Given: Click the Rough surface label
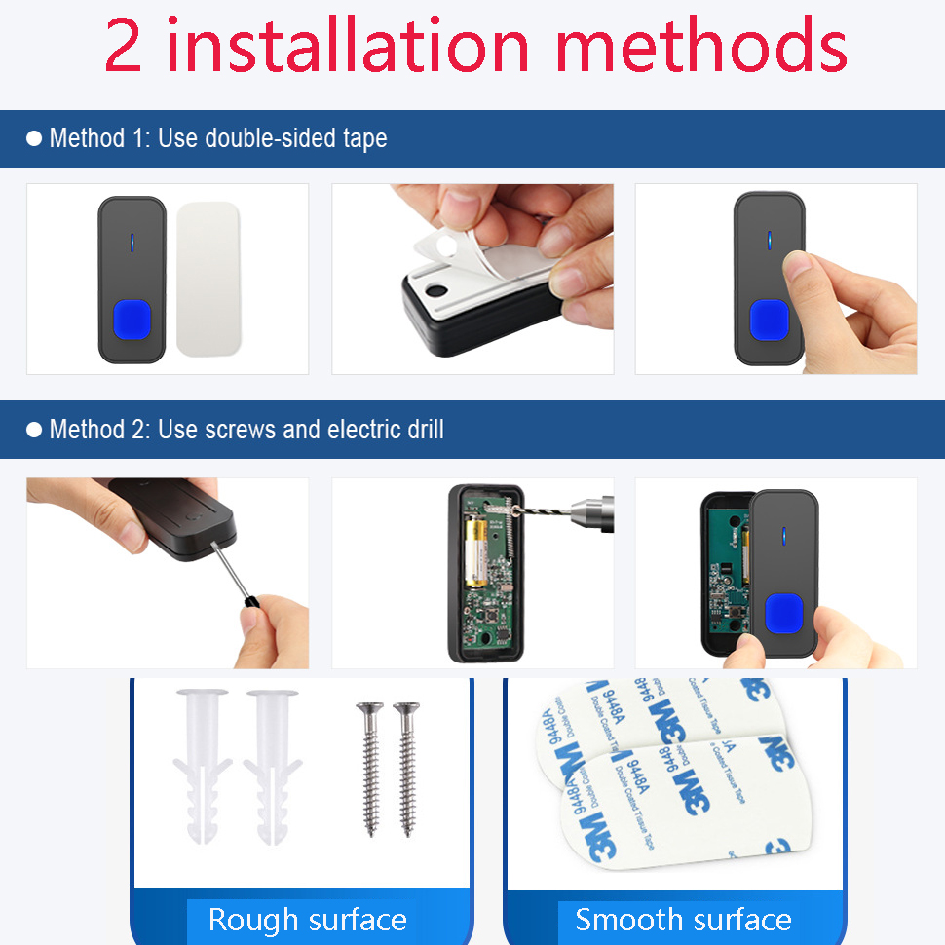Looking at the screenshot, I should coord(307,920).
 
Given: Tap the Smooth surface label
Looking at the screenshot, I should coord(683,920).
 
